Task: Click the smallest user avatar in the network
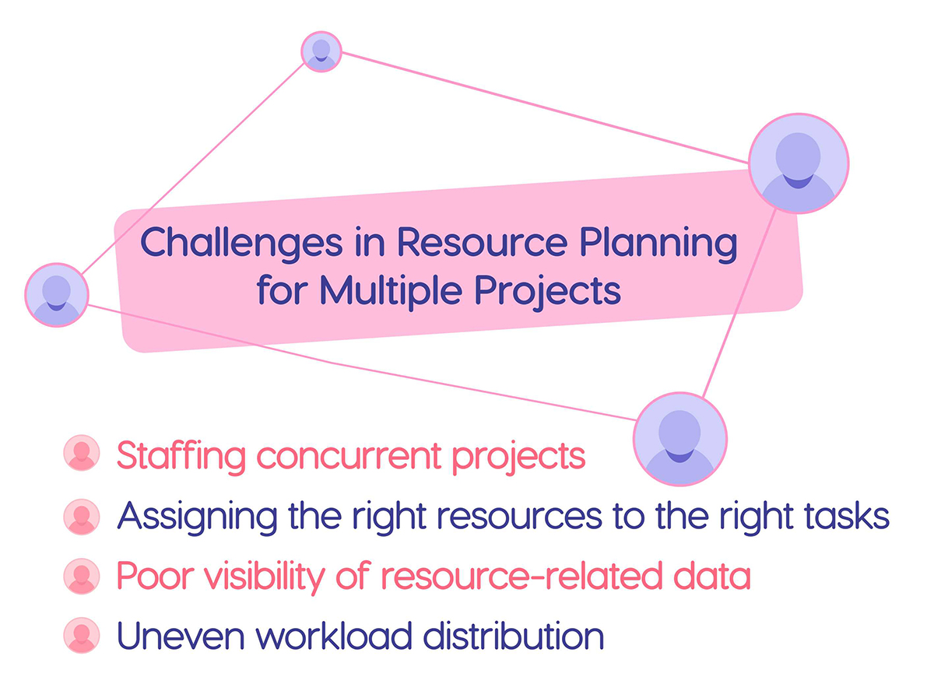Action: (321, 51)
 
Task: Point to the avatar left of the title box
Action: (56, 294)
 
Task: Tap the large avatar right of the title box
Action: (798, 163)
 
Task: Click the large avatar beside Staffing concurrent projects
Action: (679, 439)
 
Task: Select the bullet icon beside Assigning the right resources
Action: (82, 515)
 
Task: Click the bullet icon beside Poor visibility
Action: (82, 577)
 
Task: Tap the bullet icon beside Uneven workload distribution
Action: (82, 635)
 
